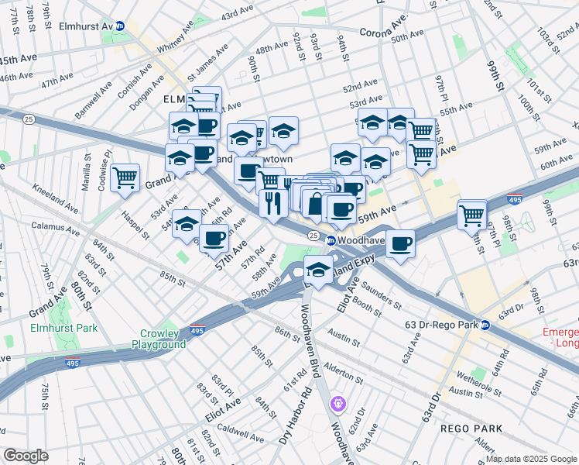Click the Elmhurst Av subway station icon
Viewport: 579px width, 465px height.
(x=120, y=26)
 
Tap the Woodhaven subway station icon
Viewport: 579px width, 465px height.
(x=331, y=240)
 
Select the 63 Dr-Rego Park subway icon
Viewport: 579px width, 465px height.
(x=485, y=325)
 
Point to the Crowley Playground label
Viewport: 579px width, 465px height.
(x=159, y=339)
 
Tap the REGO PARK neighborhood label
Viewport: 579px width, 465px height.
(x=472, y=428)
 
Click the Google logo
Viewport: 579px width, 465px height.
(x=26, y=456)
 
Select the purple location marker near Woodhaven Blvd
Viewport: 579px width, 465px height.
(x=337, y=403)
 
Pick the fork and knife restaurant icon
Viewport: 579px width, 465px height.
(x=272, y=204)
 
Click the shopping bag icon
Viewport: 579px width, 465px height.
(x=315, y=205)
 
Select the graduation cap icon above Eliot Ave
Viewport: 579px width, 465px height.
(x=318, y=270)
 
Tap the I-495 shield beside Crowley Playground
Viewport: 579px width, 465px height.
(x=198, y=330)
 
